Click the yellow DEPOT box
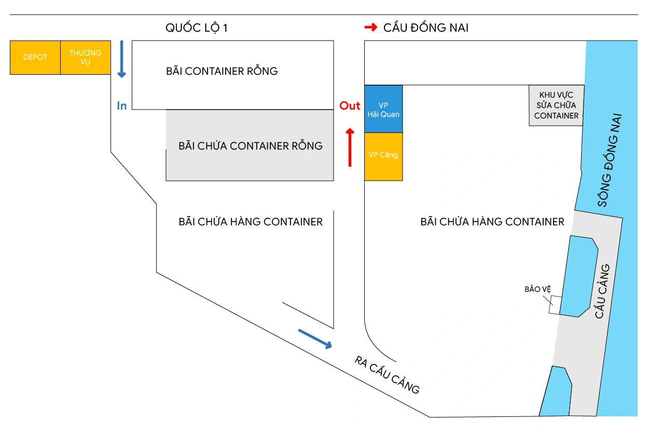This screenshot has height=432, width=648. [x=35, y=57]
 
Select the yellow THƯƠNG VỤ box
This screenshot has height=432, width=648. [x=86, y=57]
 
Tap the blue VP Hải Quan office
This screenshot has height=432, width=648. [x=383, y=109]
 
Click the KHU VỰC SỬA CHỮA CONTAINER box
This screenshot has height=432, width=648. [x=556, y=105]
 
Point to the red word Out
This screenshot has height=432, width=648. [x=350, y=106]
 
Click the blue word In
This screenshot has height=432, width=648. [x=122, y=106]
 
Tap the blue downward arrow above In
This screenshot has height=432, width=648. [x=121, y=59]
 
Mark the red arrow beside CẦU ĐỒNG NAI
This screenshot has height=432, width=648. [x=370, y=28]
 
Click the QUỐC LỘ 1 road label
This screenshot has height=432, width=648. [x=197, y=28]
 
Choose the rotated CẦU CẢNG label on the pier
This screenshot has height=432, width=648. [x=602, y=291]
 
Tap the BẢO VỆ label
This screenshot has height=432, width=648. [x=537, y=289]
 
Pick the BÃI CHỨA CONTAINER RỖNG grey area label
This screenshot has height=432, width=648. [x=250, y=146]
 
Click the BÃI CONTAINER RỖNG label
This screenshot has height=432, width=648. [x=222, y=71]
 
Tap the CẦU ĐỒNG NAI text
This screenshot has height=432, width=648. [x=425, y=28]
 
